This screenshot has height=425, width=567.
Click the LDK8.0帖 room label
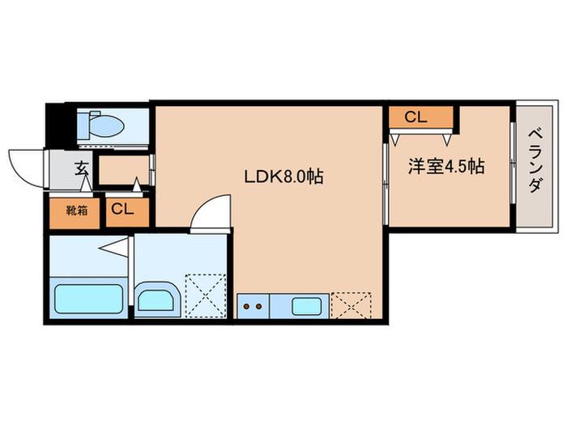[x=283, y=176]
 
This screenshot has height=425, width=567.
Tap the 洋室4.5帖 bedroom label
[x=446, y=167]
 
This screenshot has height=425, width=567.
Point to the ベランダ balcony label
[x=535, y=160]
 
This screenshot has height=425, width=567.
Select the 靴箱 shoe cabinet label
[x=77, y=210]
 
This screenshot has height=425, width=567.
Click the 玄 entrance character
[x=82, y=168]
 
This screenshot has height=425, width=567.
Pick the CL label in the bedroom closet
[x=416, y=117]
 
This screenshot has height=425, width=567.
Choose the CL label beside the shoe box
[x=122, y=209]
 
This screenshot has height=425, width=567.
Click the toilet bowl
[x=101, y=125]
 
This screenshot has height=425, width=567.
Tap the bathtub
[x=88, y=299]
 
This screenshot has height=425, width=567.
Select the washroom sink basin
[x=156, y=300]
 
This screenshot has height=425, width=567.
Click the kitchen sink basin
[x=307, y=307]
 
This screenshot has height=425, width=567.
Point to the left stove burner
[x=246, y=307]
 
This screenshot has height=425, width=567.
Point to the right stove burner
[x=258, y=307]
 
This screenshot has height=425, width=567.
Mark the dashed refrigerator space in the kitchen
[x=351, y=306]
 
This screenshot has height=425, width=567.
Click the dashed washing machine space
[x=206, y=296]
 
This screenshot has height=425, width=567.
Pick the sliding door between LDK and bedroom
[x=386, y=184]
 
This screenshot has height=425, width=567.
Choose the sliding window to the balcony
[x=513, y=163]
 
